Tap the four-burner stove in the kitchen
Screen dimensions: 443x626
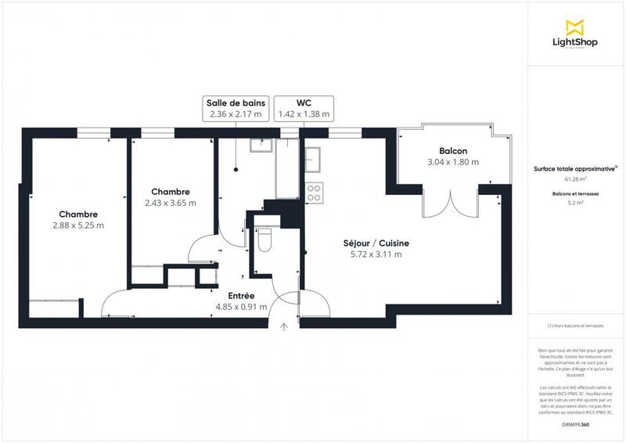pos(315,193)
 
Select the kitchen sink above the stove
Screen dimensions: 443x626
pos(315,160)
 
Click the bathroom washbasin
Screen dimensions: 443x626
pos(260,144)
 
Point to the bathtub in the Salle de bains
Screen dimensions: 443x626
pos(288,168)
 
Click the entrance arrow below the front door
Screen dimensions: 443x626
pos(283,326)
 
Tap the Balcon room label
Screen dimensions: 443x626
pos(453,150)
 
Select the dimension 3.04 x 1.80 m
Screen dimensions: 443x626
pos(453,162)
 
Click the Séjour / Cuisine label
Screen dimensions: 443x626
pos(376,243)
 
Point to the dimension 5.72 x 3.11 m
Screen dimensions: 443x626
pos(376,254)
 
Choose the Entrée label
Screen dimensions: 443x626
pos(240,295)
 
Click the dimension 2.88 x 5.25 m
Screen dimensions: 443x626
pos(77,225)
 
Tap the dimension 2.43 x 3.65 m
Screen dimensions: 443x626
pos(170,203)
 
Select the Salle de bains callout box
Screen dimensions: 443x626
pos(236,108)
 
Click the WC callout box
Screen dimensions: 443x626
pos(304,108)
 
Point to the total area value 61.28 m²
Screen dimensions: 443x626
pos(575,179)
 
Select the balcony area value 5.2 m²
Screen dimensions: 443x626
pos(575,203)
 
